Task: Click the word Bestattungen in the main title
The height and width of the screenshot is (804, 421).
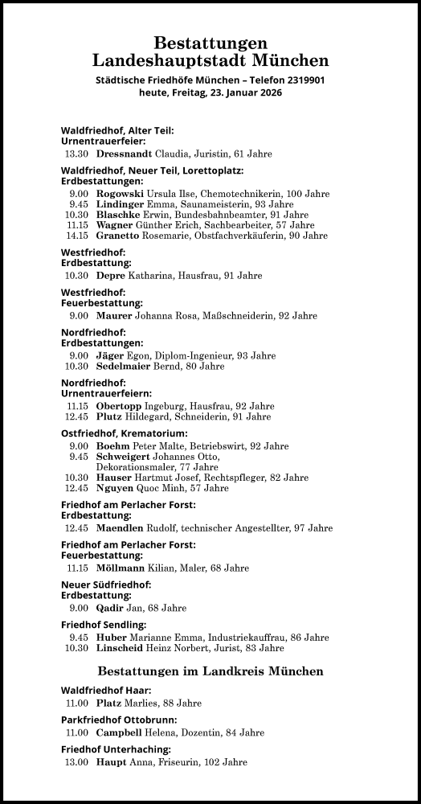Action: [210, 43]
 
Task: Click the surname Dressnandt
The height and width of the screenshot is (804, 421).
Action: [118, 154]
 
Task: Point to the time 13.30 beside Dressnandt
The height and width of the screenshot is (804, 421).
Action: [76, 154]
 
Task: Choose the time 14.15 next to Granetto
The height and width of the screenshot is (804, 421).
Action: [76, 236]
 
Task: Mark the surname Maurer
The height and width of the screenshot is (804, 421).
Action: [114, 316]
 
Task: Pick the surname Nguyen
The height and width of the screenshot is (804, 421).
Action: [116, 487]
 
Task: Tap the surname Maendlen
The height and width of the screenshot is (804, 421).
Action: [120, 527]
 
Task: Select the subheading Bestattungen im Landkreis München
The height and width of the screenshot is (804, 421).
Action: [210, 671]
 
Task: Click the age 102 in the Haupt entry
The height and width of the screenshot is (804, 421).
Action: [210, 761]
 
